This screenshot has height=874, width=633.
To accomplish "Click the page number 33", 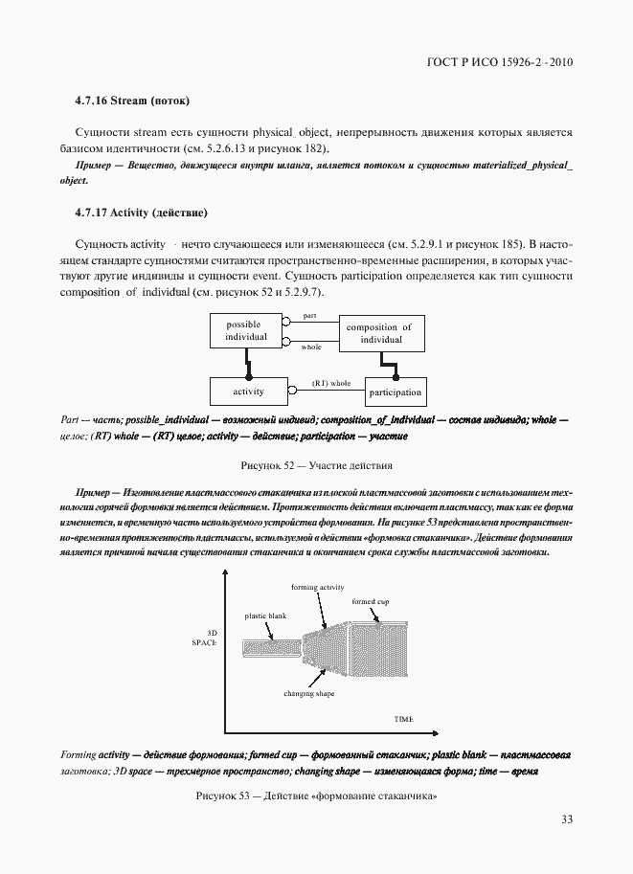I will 566,819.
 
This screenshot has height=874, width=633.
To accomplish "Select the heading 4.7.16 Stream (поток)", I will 132,101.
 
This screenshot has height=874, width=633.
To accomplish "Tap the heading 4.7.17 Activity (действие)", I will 141,211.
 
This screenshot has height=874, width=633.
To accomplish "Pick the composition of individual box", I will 379,333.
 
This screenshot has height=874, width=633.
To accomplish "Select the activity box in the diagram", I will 248,392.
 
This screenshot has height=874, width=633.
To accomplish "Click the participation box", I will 394,392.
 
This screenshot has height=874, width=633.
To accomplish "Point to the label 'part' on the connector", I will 310,315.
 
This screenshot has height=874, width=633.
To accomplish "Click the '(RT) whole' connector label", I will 331,383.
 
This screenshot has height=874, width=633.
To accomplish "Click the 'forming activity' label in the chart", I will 317,587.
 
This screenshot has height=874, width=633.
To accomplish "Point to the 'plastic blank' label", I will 266,616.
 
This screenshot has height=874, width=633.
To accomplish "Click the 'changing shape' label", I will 308,691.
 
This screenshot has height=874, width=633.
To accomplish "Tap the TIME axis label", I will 404,717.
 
